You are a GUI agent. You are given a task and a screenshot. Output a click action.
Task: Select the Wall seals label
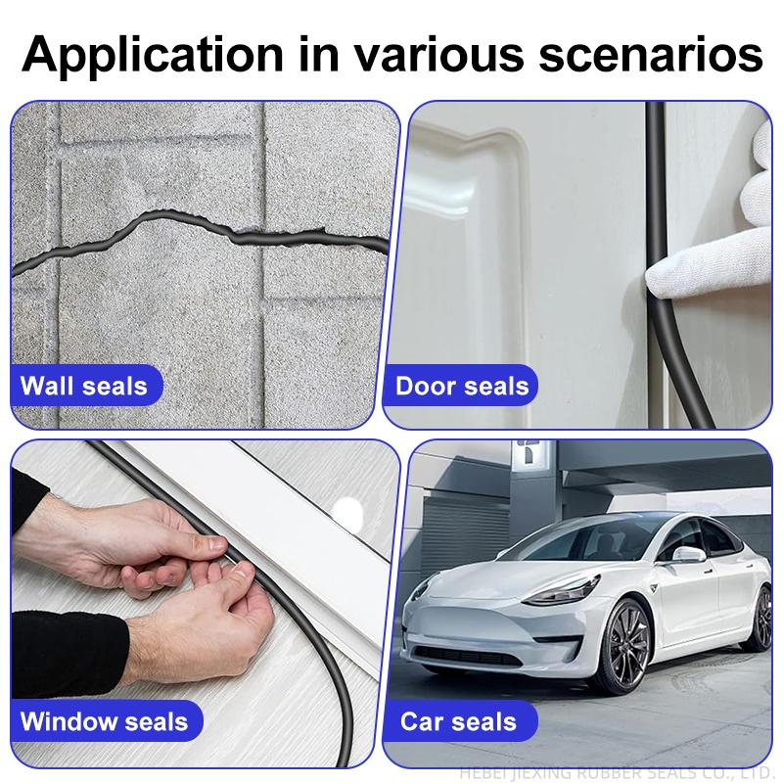point(84,386)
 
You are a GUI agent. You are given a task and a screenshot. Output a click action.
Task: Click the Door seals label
point(461,386)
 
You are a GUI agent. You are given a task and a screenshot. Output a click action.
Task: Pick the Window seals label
point(104,722)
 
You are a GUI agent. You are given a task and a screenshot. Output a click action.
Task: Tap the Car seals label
point(458,722)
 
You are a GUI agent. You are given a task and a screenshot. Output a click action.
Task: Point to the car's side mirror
point(688,554)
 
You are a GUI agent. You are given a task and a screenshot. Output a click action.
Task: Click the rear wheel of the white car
point(760,617)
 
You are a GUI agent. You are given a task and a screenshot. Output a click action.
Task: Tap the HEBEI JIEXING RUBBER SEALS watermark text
point(617,773)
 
